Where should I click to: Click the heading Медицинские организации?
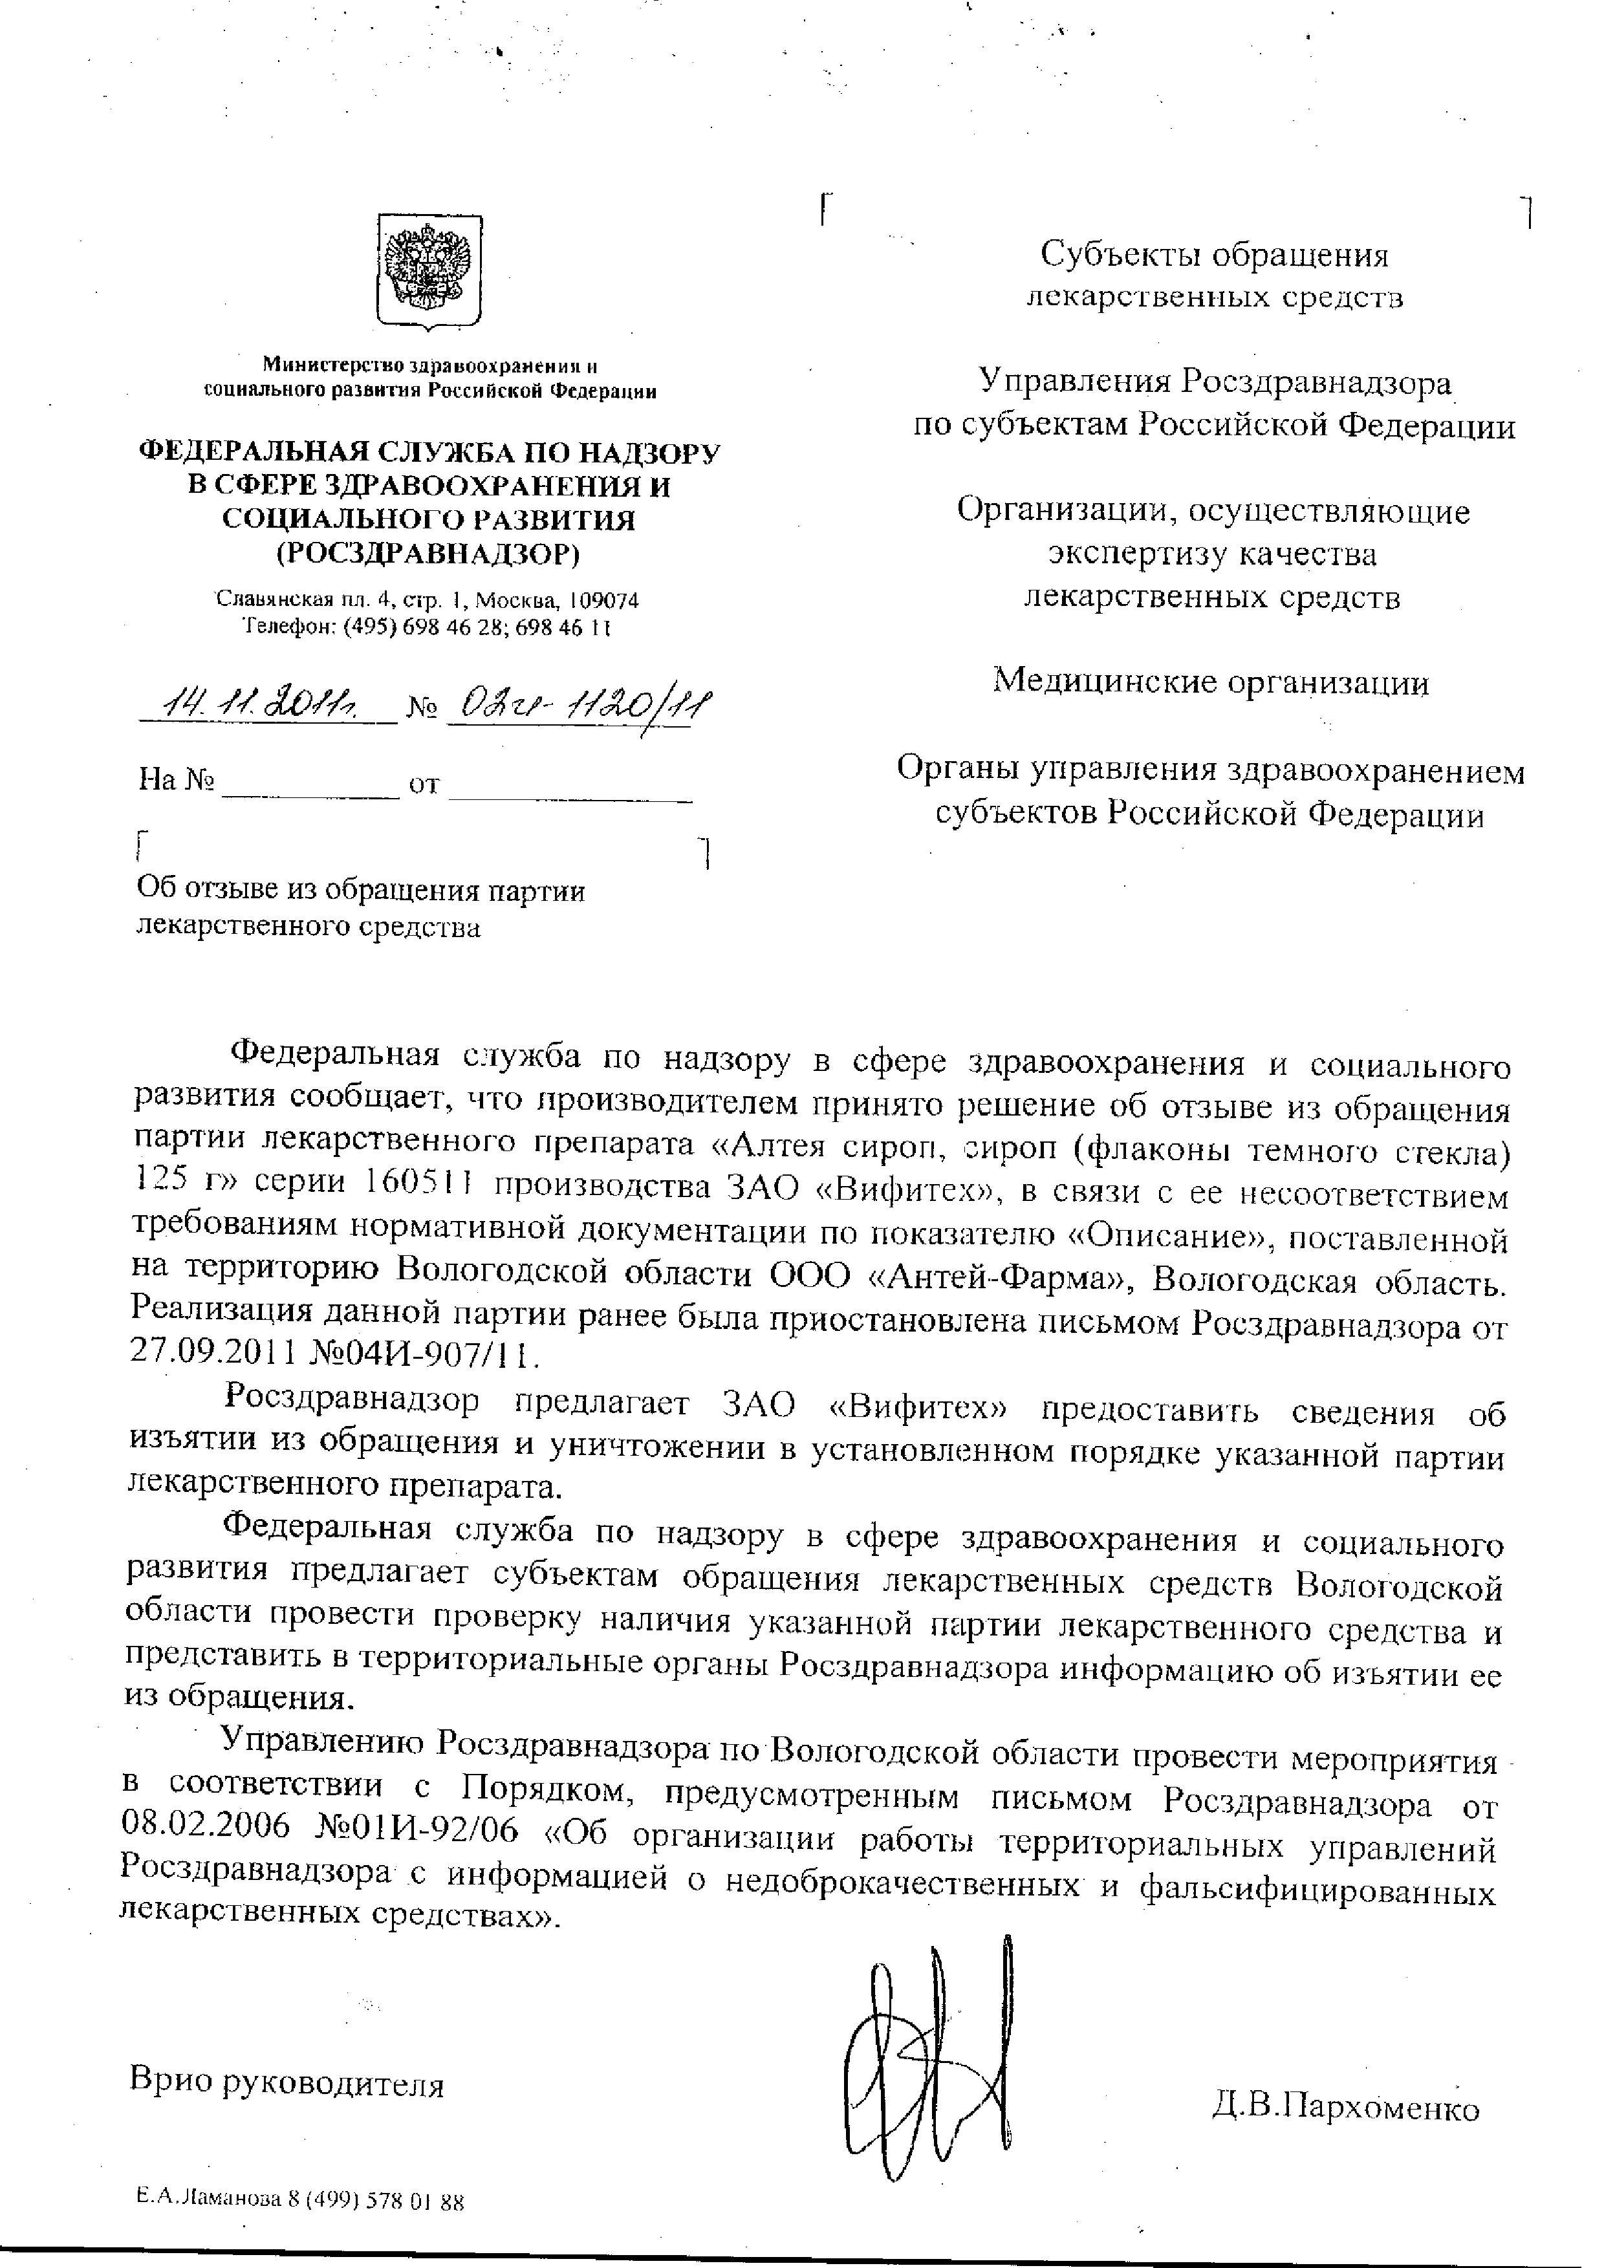click(x=1211, y=682)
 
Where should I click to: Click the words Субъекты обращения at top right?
click(x=1214, y=255)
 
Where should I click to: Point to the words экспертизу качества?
click(x=1212, y=554)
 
